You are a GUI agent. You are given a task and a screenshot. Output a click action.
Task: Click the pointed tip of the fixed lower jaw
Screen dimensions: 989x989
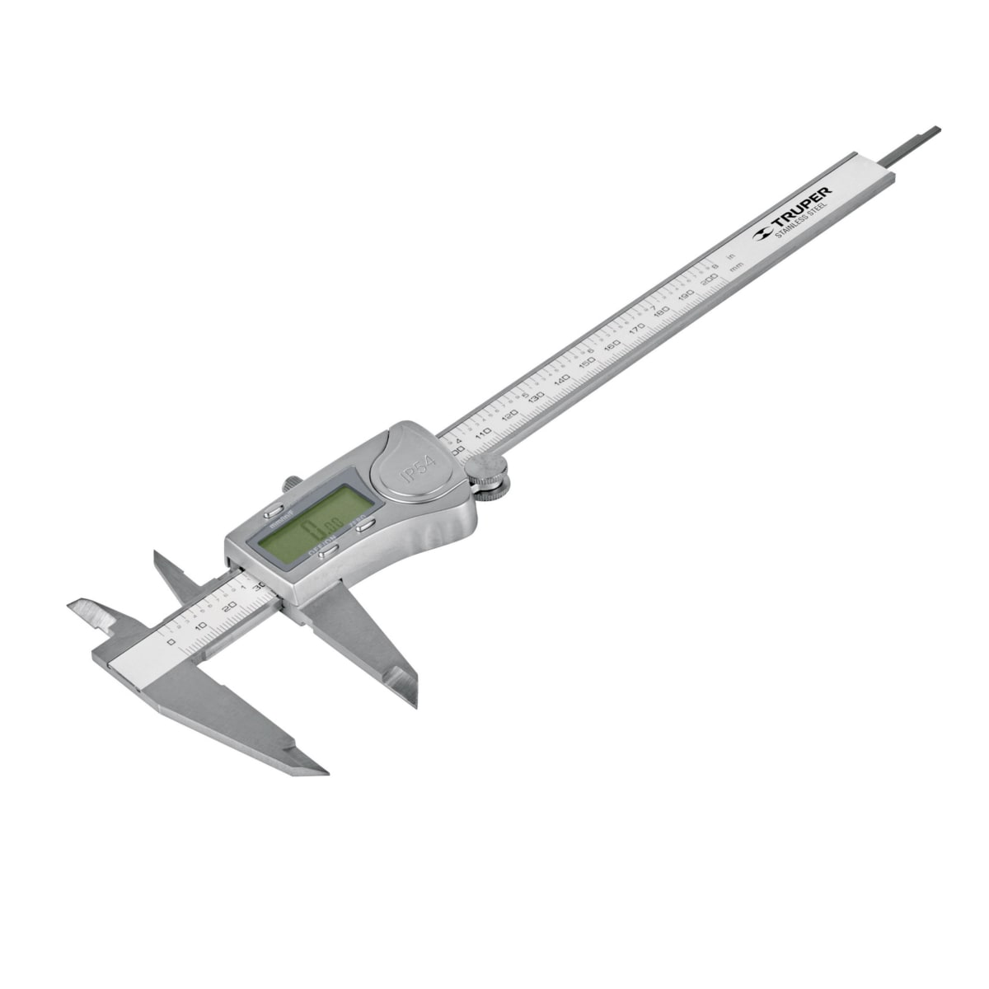click(x=321, y=772)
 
